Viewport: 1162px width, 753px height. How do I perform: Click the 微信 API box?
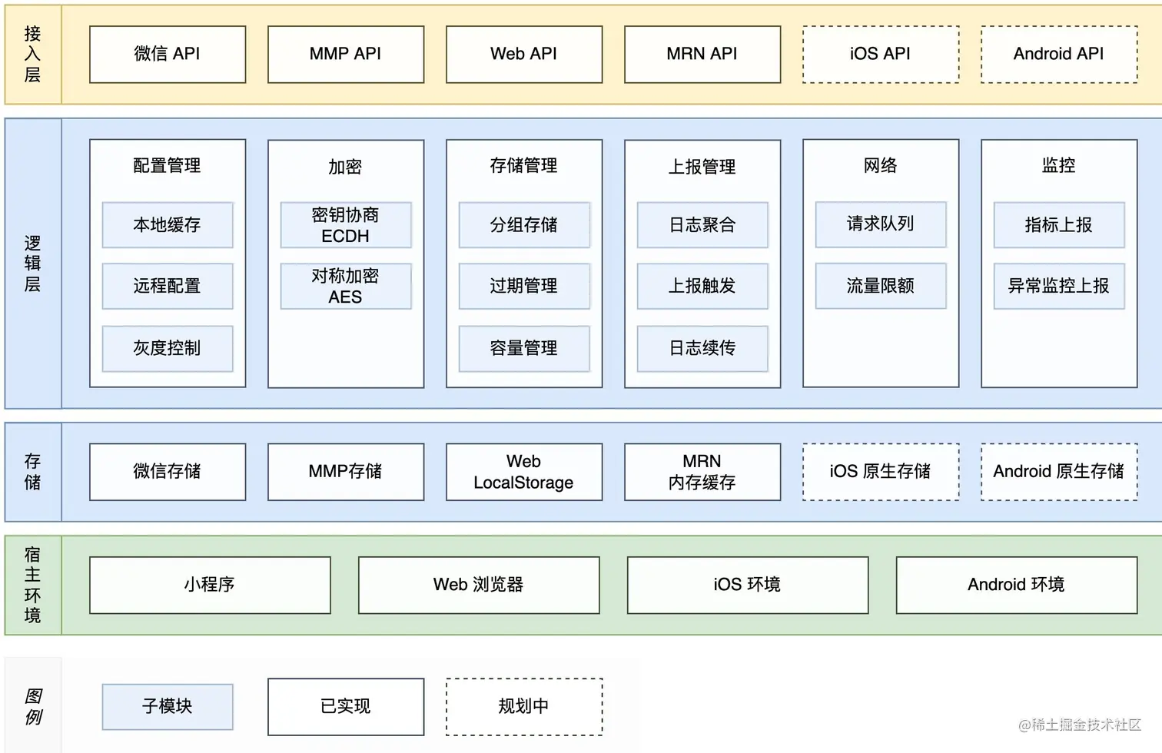168,55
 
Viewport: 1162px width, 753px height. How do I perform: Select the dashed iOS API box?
881,55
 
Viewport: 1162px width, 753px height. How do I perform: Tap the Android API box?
1059,55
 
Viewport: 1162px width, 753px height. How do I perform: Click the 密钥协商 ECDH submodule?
346,225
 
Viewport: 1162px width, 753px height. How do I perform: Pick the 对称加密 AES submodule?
346,286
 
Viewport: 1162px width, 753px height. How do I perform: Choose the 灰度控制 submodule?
168,348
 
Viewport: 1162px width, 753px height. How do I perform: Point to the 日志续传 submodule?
702,348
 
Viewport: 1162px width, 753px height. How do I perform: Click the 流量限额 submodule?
881,286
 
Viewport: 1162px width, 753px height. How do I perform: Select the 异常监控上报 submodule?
1059,286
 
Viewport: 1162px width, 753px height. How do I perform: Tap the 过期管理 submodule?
524,286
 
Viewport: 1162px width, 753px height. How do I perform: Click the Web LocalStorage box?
524,472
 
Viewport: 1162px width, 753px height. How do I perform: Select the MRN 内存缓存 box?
702,472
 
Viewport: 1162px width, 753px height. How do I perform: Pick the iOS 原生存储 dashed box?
881,472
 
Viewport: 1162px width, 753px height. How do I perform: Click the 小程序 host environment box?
210,585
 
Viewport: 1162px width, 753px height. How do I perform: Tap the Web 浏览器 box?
479,585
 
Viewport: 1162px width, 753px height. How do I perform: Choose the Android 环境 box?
1016,585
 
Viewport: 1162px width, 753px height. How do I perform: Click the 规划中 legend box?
524,706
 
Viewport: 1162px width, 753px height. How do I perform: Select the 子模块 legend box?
168,706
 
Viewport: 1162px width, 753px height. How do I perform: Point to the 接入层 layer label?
32,55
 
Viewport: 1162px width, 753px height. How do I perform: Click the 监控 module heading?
1059,165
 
